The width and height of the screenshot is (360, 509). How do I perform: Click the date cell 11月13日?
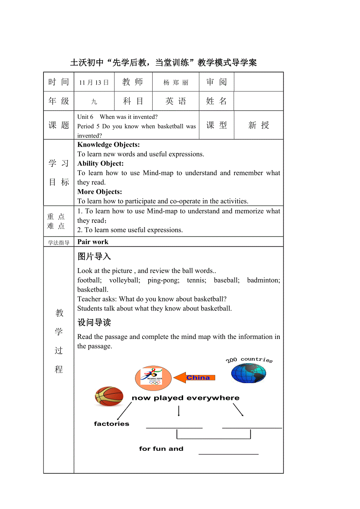tap(94, 82)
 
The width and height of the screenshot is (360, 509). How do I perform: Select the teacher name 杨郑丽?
tap(176, 82)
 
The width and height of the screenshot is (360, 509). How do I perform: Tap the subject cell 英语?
tap(176, 101)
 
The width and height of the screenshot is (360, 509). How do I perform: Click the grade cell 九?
tap(94, 102)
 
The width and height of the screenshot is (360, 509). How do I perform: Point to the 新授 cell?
tap(259, 125)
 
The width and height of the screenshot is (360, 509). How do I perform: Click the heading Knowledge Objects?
tap(108, 145)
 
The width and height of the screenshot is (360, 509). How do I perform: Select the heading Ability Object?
tap(101, 163)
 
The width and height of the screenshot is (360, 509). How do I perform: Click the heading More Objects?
tap(100, 192)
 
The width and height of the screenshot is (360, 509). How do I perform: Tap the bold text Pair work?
tap(93, 242)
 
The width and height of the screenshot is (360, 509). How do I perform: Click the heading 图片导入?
tap(94, 256)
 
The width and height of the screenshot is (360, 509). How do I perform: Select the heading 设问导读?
tap(94, 323)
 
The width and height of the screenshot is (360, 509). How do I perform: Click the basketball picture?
tap(109, 396)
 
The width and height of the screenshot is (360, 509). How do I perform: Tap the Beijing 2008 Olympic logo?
tap(153, 378)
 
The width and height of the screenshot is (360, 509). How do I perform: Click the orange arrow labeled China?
tap(194, 378)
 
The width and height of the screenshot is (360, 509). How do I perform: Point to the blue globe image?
tap(248, 373)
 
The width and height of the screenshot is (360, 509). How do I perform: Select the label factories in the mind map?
tap(112, 424)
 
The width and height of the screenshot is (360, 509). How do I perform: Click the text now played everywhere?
tap(185, 398)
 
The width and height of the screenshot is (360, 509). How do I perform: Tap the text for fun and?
tap(161, 449)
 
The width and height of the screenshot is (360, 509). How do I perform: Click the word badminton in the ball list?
tap(263, 280)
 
